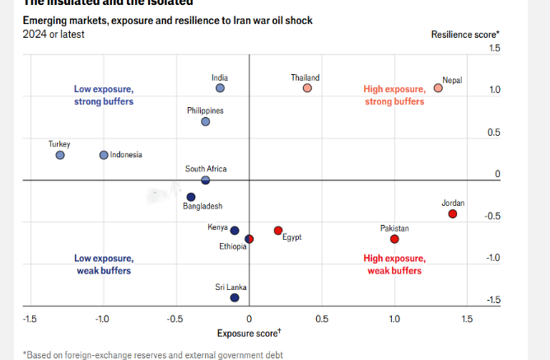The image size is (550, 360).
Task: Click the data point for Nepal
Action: coord(438,88)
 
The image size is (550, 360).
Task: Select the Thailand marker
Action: coord(307,88)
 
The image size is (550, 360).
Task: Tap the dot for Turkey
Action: coord(60,155)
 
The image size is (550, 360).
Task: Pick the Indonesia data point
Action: coord(104,155)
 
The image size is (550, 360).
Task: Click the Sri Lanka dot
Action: coord(235,298)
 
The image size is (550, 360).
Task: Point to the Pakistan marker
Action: coord(394,239)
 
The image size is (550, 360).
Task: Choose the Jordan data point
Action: coord(453,214)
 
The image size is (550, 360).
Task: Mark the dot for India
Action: coord(220,88)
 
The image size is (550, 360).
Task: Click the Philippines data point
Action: coord(206,121)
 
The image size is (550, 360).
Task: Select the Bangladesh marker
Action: coord(191,197)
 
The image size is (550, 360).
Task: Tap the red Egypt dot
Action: coord(278,231)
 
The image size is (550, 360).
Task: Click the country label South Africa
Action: coord(206,169)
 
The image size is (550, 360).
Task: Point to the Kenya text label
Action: coord(217,227)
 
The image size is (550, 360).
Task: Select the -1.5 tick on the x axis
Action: coord(30,318)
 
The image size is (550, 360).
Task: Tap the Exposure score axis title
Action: coord(249,333)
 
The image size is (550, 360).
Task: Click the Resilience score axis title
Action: coord(465,34)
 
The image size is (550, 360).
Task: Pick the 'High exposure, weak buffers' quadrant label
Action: coord(394,264)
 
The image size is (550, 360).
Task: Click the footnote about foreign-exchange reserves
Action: coord(152,354)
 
